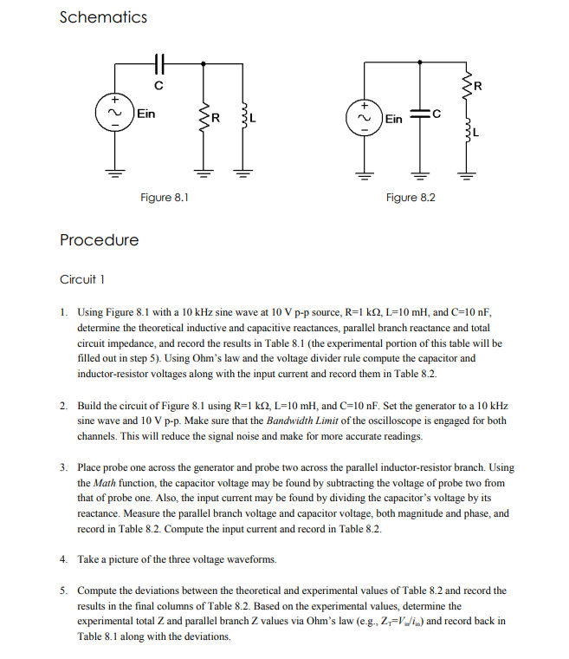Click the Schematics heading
[x=103, y=17]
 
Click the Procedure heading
[x=99, y=239]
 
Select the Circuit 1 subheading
[x=82, y=279]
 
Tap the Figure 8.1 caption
[x=165, y=198]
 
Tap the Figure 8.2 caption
[x=411, y=198]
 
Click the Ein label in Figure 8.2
[x=393, y=118]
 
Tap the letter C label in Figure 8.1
[x=158, y=84]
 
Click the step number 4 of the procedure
[x=63, y=559]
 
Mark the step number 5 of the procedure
[x=63, y=590]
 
